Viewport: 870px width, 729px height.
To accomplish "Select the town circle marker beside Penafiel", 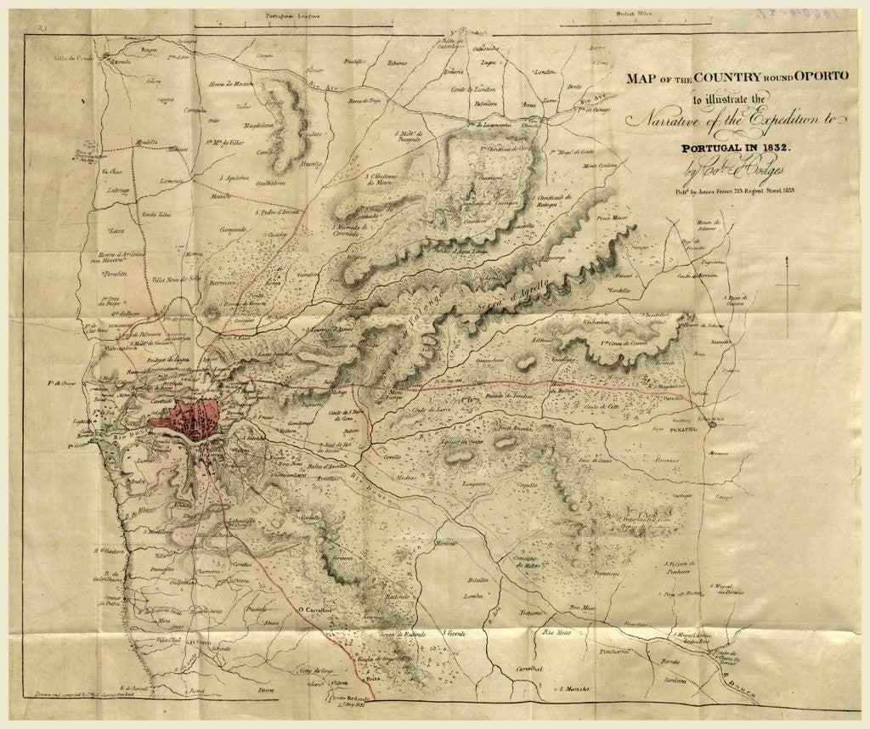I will [x=712, y=423].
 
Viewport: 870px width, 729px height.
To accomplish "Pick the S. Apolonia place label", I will [x=233, y=178].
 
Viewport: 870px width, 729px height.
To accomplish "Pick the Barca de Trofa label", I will [x=368, y=101].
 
